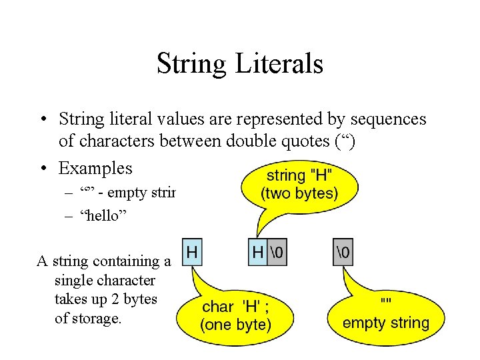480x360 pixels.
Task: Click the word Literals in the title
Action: click(x=279, y=64)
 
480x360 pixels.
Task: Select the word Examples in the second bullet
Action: click(x=95, y=168)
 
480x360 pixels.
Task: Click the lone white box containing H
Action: click(x=192, y=253)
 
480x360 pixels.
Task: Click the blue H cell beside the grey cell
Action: click(x=258, y=253)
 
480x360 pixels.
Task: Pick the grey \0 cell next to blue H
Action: click(x=277, y=253)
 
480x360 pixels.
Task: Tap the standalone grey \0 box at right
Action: click(x=343, y=253)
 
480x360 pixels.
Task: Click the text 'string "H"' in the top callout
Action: click(x=299, y=176)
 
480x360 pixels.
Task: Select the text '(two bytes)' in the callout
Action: click(x=299, y=194)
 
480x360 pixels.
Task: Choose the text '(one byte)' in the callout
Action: click(x=236, y=325)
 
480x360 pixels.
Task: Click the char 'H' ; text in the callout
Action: click(x=236, y=307)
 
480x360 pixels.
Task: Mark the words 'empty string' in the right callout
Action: click(x=386, y=323)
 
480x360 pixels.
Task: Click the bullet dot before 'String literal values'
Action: click(x=42, y=120)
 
